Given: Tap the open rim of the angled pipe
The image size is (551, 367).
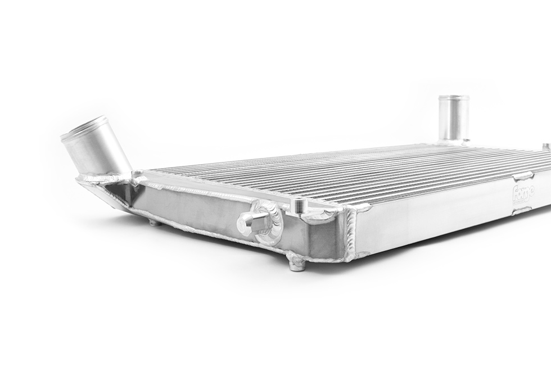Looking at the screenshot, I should pyautogui.click(x=84, y=127).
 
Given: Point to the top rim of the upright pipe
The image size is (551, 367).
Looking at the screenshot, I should pyautogui.click(x=454, y=98).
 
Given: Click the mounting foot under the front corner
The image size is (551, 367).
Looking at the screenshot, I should pyautogui.click(x=296, y=262).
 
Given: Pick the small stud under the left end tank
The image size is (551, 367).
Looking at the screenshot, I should pyautogui.click(x=153, y=223).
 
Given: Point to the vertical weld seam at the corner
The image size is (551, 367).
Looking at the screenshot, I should pyautogui.click(x=351, y=236).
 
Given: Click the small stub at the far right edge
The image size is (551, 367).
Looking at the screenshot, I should pyautogui.click(x=547, y=147).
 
